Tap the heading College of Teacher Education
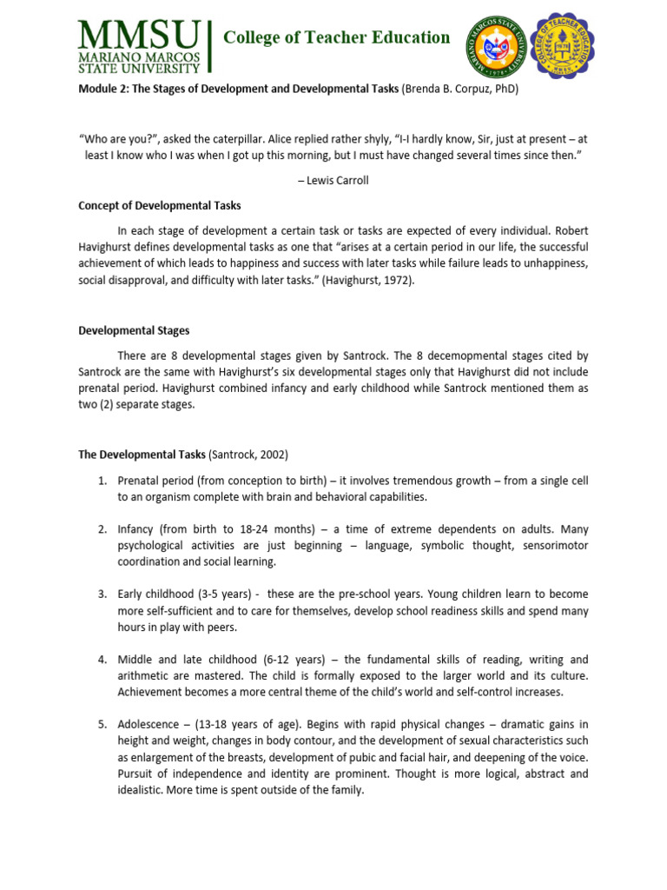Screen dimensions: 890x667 (337, 37)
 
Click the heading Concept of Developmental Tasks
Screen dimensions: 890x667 (160, 206)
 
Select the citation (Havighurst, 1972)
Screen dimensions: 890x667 (367, 281)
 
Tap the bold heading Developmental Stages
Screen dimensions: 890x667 (134, 331)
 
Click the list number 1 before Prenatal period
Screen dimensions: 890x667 (102, 481)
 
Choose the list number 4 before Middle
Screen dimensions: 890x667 (102, 660)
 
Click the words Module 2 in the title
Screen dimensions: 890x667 (102, 89)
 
